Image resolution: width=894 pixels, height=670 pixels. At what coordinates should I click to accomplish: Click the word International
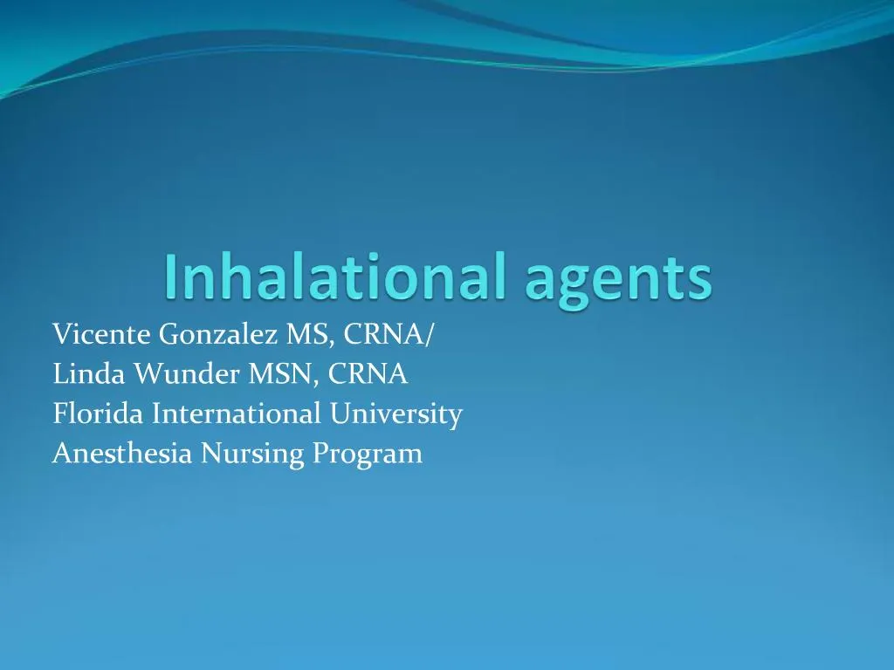coord(237,414)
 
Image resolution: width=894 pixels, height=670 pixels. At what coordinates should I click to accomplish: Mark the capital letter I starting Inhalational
coord(169,277)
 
